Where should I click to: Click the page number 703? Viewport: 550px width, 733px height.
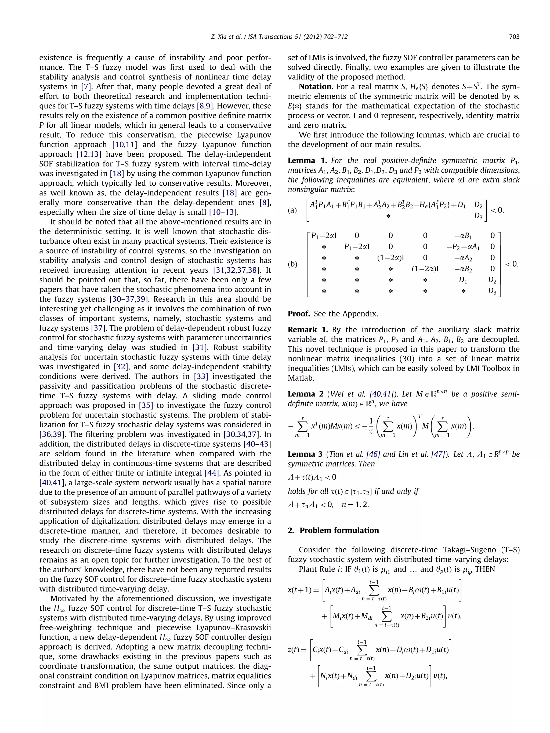point(514,37)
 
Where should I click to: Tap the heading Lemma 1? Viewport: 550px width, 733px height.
point(307,161)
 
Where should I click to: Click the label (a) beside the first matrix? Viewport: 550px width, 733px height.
point(292,210)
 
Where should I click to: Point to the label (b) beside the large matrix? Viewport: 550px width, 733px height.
point(292,264)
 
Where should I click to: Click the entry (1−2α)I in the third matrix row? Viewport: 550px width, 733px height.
point(390,257)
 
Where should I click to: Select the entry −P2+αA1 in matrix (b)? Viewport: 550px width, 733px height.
point(463,247)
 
